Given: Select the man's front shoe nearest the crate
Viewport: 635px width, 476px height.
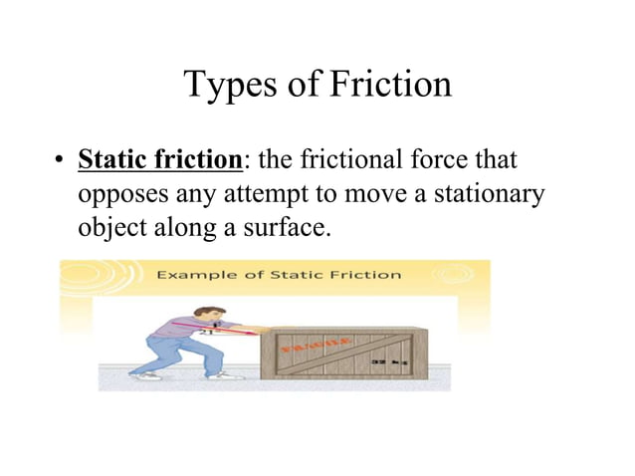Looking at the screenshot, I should (228, 375).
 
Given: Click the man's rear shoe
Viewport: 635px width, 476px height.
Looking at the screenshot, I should (148, 376).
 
